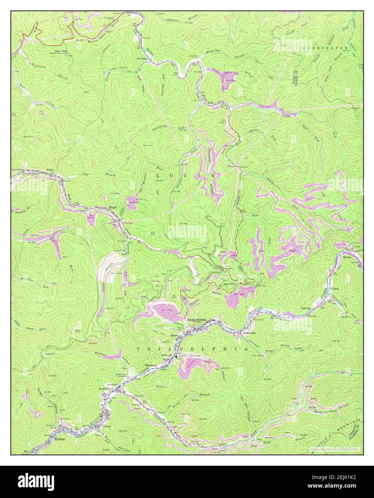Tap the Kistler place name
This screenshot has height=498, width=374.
coord(61,439)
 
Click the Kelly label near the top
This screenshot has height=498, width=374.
coord(211,103)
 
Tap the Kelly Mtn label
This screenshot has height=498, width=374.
coord(230,284)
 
